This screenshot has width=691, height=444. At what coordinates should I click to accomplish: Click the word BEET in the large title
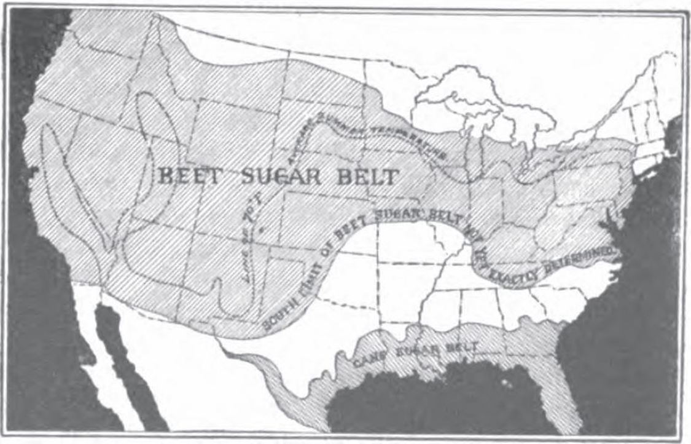coord(188,177)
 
